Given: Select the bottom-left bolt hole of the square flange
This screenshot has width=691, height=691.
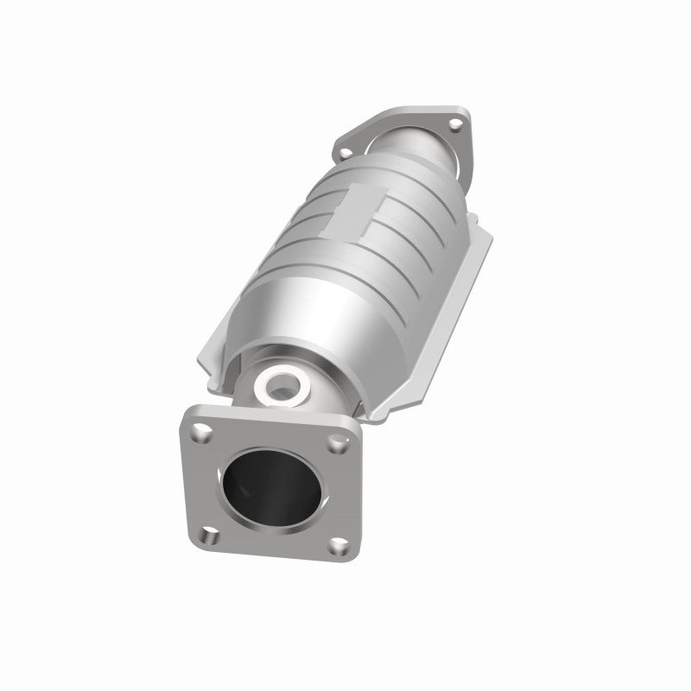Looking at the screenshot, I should (x=206, y=534).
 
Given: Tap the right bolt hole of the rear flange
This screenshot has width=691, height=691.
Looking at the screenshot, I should (x=451, y=129).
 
